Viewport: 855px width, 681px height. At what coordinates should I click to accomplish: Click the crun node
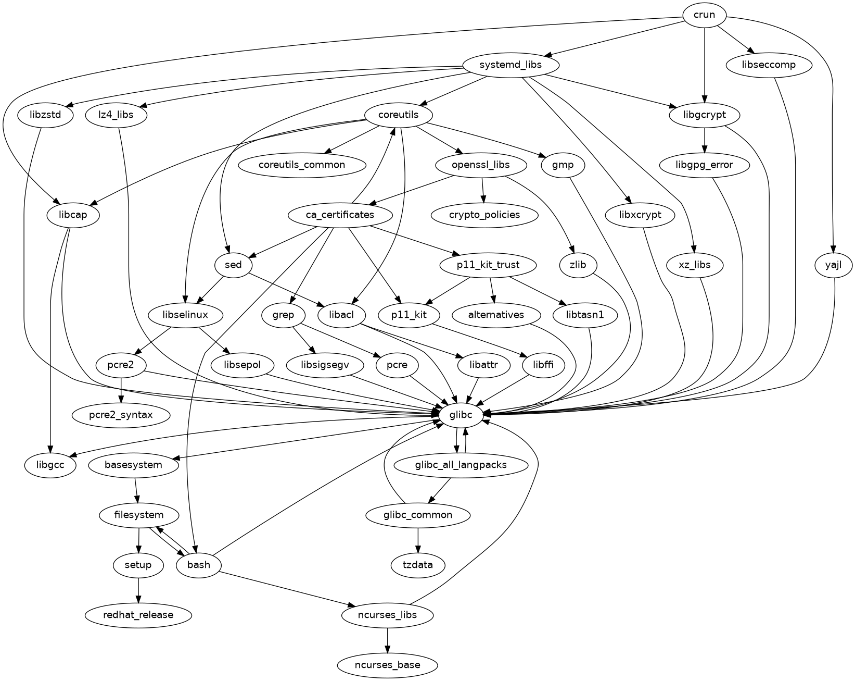(x=704, y=15)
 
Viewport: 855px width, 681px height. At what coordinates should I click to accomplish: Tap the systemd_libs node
(x=511, y=65)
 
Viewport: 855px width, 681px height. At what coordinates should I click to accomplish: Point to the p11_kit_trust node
(x=488, y=265)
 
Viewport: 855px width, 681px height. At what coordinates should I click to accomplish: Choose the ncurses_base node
(x=387, y=665)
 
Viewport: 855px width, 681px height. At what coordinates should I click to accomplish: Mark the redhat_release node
(x=138, y=615)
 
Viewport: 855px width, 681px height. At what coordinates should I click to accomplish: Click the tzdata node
(x=418, y=565)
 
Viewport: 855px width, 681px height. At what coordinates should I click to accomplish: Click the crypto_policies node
(x=484, y=215)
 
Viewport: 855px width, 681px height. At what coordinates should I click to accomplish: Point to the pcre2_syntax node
(x=121, y=415)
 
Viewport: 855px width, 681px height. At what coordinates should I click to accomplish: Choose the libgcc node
(x=50, y=465)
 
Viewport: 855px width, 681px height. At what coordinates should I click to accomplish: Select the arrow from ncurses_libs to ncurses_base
(x=387, y=640)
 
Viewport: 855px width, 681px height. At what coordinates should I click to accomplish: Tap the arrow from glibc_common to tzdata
(x=418, y=540)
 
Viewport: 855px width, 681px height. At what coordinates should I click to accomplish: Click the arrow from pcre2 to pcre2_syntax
(x=121, y=390)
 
